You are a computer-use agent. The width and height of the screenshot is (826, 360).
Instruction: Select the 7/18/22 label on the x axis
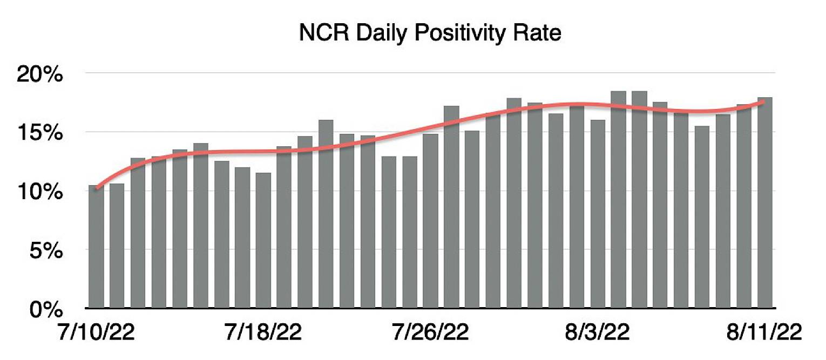pyautogui.click(x=263, y=331)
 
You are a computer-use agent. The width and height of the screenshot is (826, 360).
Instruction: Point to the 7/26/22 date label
pyautogui.click(x=430, y=331)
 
